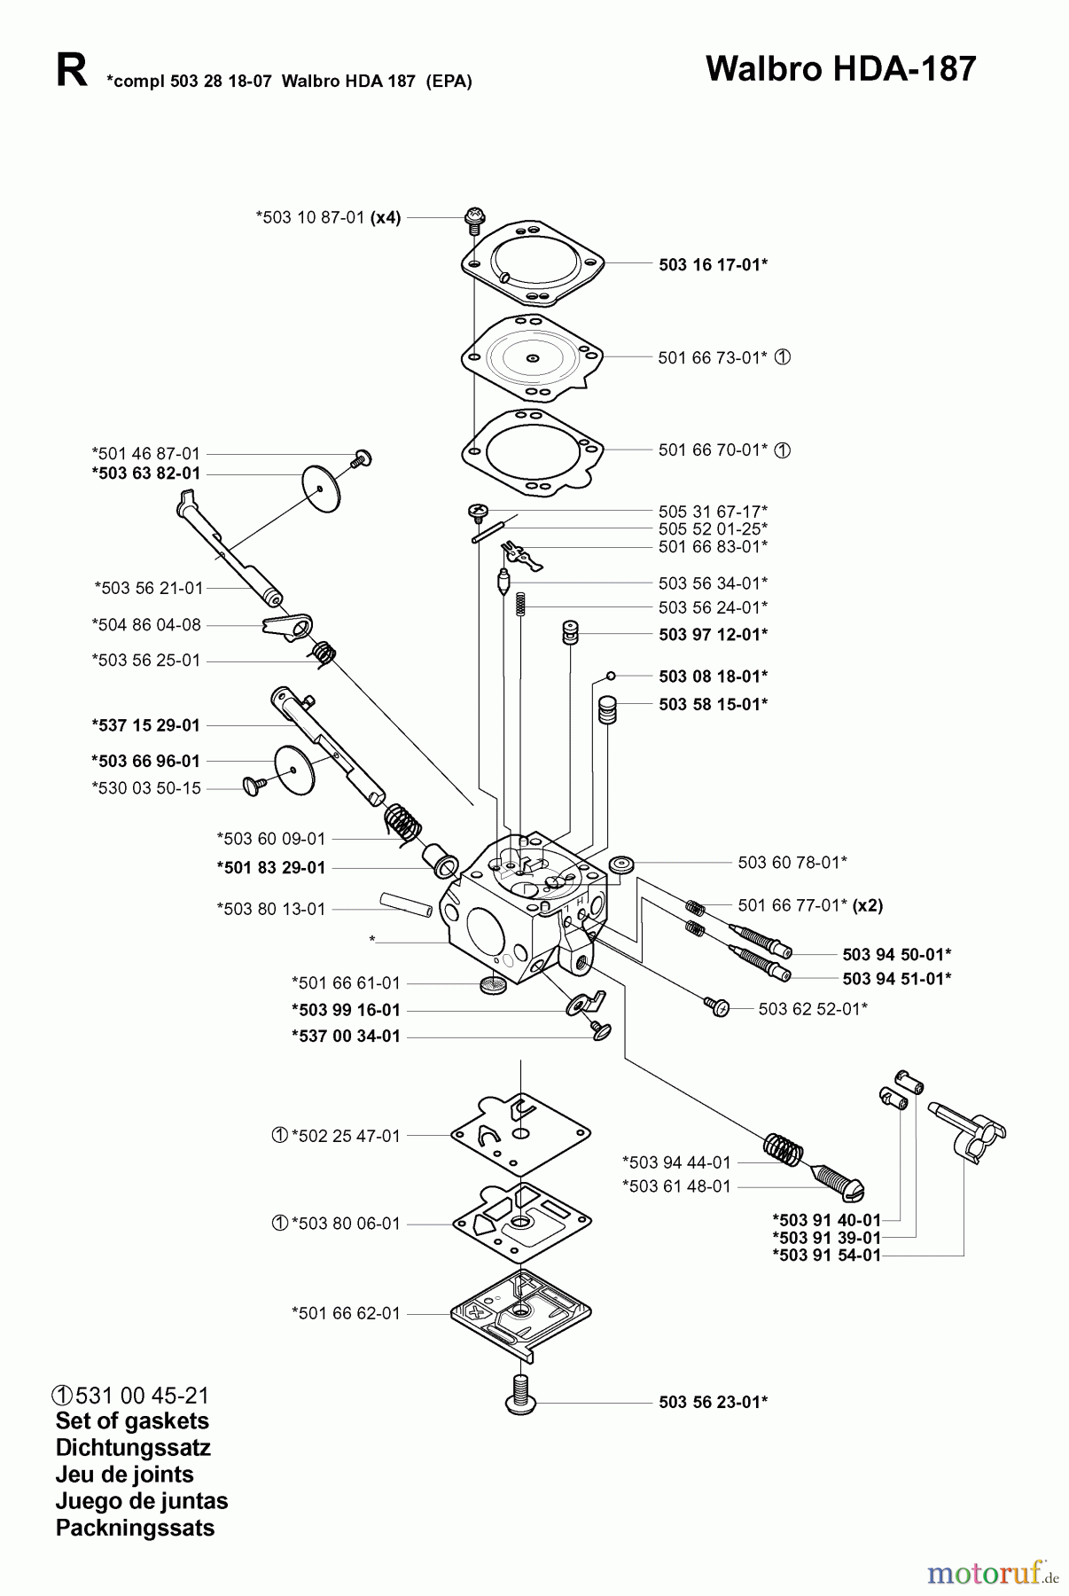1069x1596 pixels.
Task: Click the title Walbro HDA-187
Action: pos(840,69)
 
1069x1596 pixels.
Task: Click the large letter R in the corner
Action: pos(71,71)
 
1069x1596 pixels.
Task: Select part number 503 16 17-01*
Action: pos(713,264)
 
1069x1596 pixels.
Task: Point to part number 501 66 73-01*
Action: pos(713,357)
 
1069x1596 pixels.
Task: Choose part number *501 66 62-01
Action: pos(346,1313)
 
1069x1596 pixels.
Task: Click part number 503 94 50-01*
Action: pos(896,954)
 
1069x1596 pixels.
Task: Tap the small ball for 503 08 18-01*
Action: pos(611,677)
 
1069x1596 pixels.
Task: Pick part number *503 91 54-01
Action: pos(826,1256)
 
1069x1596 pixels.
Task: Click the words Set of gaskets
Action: pos(132,1421)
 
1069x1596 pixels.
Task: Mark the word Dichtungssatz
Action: pos(133,1448)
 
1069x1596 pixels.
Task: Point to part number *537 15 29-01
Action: pos(146,725)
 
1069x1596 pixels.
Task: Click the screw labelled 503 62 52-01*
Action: pos(716,1007)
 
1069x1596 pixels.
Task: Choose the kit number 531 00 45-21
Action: pos(142,1395)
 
